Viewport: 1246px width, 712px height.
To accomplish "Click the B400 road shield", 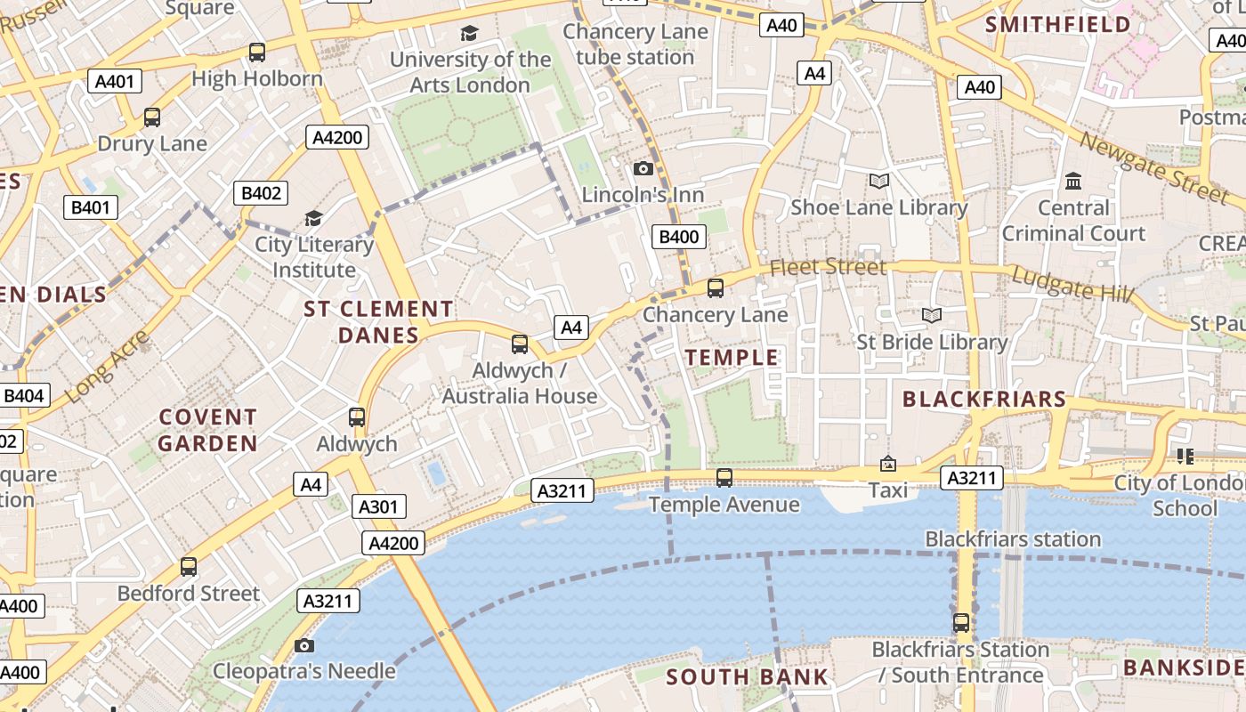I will click(x=680, y=236).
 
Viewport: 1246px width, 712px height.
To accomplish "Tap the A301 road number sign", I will click(x=379, y=507).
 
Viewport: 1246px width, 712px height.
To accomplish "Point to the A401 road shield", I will click(x=114, y=82).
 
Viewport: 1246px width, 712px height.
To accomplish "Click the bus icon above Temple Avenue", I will click(x=724, y=478).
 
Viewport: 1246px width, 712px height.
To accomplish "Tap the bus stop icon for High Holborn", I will click(x=257, y=53).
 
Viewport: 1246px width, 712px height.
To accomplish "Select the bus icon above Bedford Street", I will click(x=189, y=567).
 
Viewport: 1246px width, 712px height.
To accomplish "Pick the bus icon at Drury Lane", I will click(x=152, y=117).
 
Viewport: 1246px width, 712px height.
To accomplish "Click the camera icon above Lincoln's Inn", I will click(x=643, y=168).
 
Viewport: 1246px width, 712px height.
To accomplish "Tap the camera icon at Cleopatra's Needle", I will click(x=304, y=645).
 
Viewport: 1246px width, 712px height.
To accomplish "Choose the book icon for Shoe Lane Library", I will click(x=878, y=182).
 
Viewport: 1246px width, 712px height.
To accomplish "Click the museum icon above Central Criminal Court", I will click(x=1073, y=182).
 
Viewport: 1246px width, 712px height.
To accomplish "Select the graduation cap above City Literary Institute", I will click(x=313, y=218).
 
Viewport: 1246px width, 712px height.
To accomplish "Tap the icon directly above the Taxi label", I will click(x=887, y=464).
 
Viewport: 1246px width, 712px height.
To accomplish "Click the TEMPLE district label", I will click(x=732, y=358).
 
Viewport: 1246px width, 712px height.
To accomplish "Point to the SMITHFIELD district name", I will click(x=1058, y=25).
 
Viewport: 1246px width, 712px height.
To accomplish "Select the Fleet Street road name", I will click(x=828, y=267).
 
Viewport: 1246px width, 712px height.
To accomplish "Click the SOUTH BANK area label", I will click(x=748, y=676).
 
